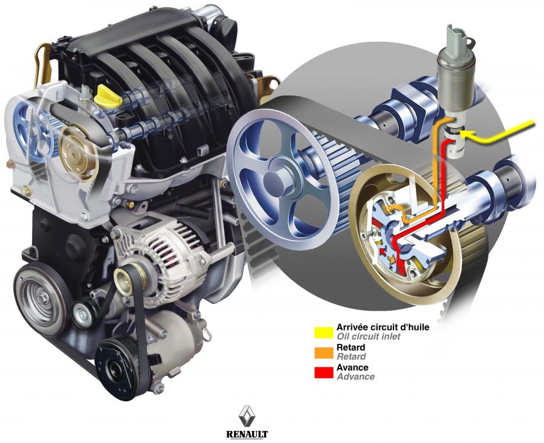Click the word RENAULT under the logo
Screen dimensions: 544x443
click(247, 434)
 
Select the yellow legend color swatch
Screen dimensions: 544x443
click(324, 332)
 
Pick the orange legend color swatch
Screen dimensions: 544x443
click(324, 352)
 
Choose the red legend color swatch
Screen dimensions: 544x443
click(324, 372)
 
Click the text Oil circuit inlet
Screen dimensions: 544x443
click(369, 336)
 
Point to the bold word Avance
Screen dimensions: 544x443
click(352, 367)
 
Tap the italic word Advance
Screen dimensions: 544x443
click(355, 377)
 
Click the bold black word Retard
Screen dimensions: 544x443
click(351, 348)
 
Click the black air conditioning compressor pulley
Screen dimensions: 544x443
click(118, 367)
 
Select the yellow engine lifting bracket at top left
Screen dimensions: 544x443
click(44, 65)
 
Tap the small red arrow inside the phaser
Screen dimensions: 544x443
click(383, 251)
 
